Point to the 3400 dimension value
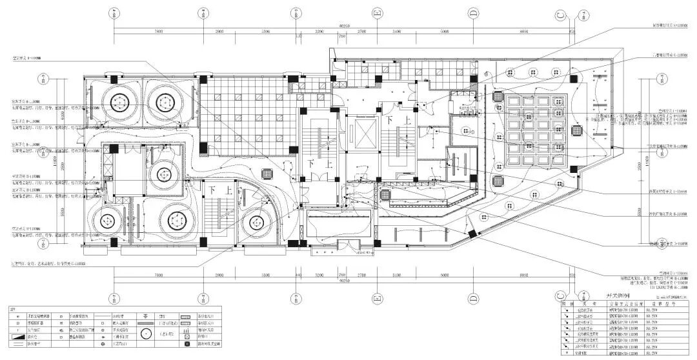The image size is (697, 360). tap(396, 31)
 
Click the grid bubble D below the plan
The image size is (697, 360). tap(473, 298)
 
